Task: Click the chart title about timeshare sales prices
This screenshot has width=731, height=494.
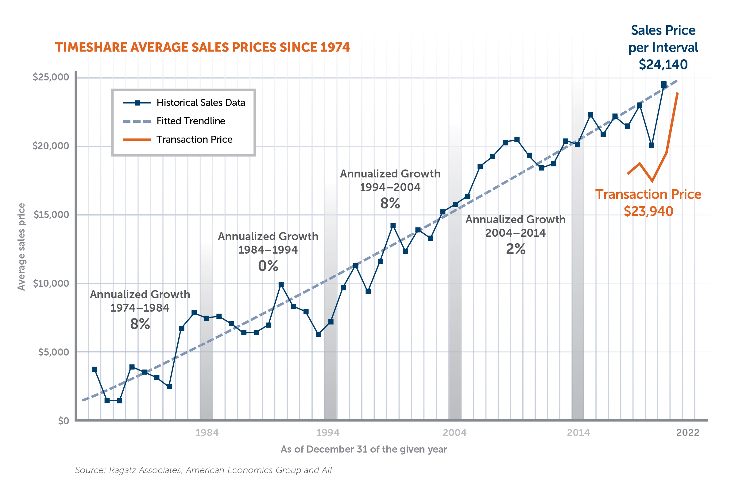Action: (x=202, y=47)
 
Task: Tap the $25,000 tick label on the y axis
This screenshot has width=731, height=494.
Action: (x=51, y=77)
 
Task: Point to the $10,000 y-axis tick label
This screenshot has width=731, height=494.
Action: (x=51, y=283)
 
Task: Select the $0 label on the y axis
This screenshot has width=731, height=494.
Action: (x=64, y=421)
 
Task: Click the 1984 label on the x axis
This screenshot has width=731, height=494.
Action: (x=207, y=433)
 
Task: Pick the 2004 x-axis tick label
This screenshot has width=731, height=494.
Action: (x=454, y=433)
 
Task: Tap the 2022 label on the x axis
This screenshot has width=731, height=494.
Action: (x=688, y=433)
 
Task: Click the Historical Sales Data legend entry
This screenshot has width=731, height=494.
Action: (x=200, y=103)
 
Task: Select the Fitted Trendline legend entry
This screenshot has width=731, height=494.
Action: (x=191, y=121)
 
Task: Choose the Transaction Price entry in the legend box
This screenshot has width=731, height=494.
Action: (x=194, y=139)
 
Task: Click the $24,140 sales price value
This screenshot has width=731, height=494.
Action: (x=663, y=64)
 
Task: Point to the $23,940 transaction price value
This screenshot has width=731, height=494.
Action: (x=648, y=211)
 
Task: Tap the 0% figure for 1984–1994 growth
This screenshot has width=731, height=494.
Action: (x=268, y=266)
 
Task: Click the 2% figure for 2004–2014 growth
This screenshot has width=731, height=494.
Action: (x=515, y=249)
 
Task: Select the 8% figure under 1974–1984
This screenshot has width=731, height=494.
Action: (x=140, y=324)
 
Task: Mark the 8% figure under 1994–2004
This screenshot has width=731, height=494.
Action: (x=390, y=203)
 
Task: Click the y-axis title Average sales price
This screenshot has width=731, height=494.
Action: (x=21, y=247)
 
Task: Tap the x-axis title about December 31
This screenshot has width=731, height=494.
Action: (x=364, y=449)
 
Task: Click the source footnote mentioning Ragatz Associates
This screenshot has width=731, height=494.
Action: (x=204, y=470)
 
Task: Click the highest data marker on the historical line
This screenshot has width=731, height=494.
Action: (x=664, y=84)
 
